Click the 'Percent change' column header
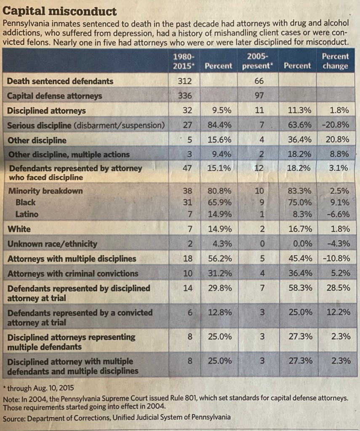tap(335, 61)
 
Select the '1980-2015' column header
tap(184, 61)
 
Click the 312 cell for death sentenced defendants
tap(184, 81)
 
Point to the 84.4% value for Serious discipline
tap(219, 125)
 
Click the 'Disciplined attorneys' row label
tap(46, 111)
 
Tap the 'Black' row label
tap(25, 202)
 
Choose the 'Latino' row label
tap(27, 214)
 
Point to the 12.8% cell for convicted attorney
tap(219, 313)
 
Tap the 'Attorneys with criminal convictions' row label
tap(73, 274)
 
